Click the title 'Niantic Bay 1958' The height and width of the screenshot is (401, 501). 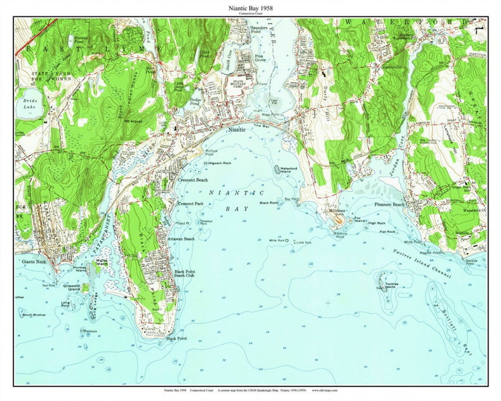click(x=250, y=8)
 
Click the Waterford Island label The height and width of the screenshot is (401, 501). click(x=289, y=170)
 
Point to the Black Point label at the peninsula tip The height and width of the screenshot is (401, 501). click(x=176, y=338)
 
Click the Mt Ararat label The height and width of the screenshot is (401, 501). click(x=133, y=121)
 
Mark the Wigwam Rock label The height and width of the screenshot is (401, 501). click(x=220, y=163)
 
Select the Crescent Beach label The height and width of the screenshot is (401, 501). click(x=193, y=180)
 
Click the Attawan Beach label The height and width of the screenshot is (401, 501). click(x=181, y=239)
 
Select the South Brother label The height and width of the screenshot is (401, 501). click(x=34, y=315)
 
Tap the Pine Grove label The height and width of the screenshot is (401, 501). click(x=261, y=58)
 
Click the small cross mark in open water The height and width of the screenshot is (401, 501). click(x=328, y=303)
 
